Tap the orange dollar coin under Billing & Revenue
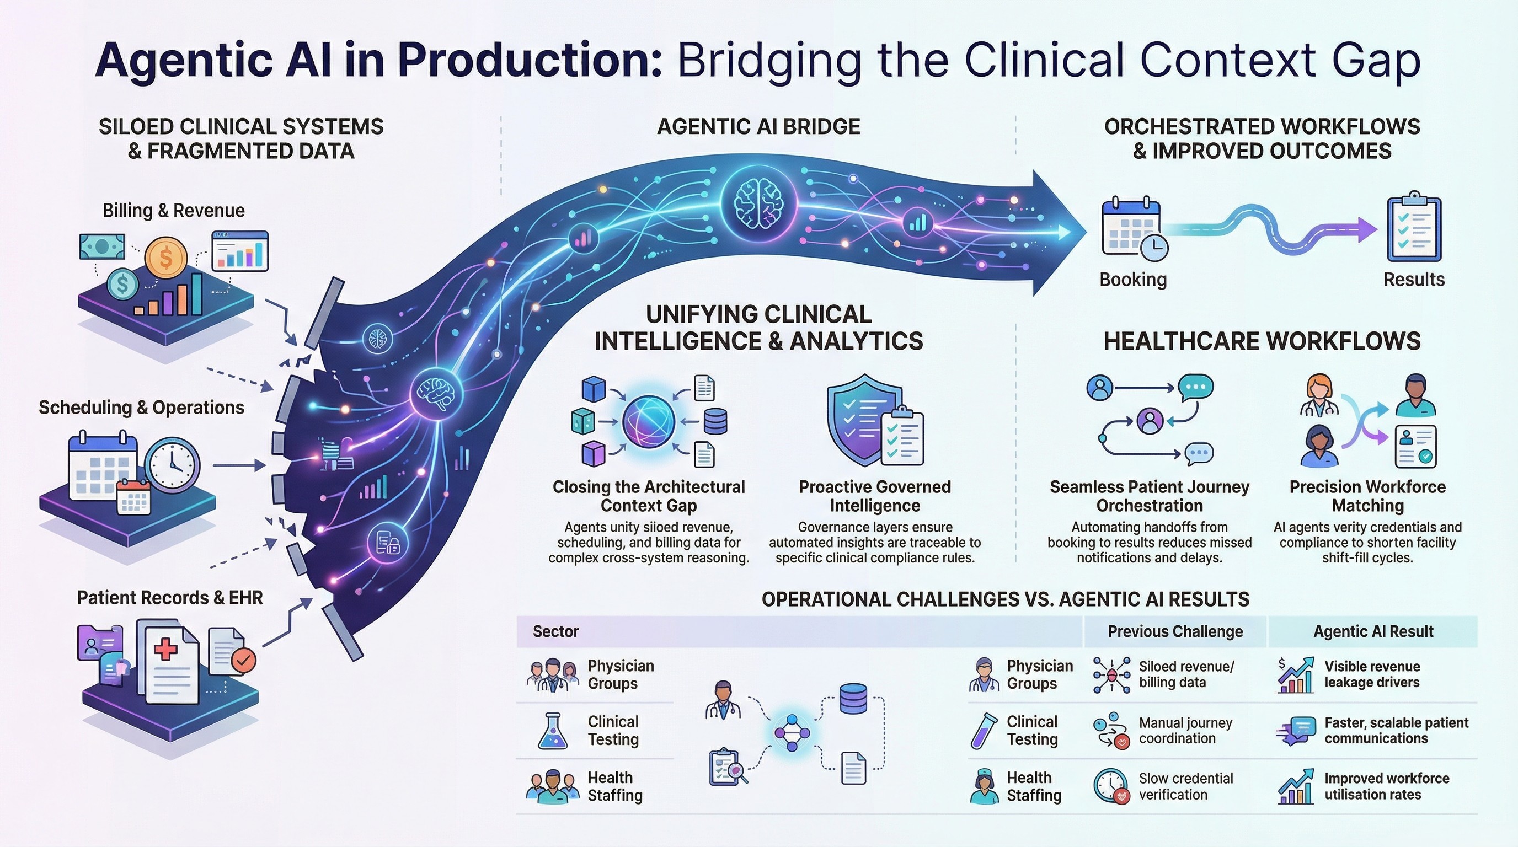[165, 258]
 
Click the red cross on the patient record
[165, 650]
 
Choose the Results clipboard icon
[1414, 226]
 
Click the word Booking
[1132, 279]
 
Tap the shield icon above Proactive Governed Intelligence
[864, 420]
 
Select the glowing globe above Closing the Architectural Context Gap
[648, 421]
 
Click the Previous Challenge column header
[1175, 631]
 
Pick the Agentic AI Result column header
[1373, 631]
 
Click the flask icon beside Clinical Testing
[553, 731]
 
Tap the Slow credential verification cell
[1185, 786]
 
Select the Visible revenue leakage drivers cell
[1372, 674]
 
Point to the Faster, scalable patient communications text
[1396, 731]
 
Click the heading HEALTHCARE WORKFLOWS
[1262, 341]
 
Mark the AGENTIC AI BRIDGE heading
[758, 127]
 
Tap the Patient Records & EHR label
[170, 598]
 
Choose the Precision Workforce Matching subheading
[1367, 496]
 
